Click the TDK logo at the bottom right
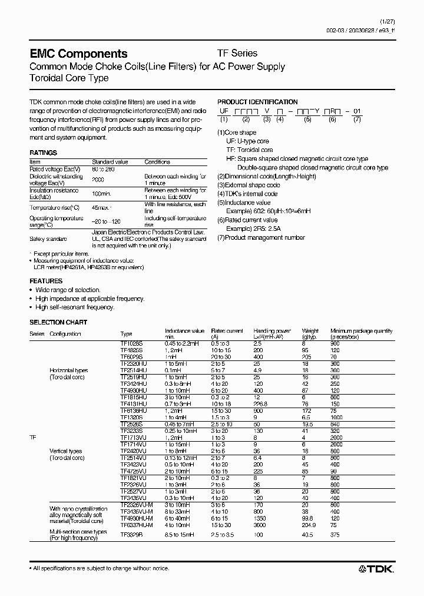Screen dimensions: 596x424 tap(377, 568)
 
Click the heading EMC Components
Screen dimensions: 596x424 tap(78, 54)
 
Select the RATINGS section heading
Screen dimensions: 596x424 tap(43, 153)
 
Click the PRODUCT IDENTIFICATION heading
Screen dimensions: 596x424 tap(257, 102)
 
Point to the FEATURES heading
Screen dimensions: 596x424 tap(45, 281)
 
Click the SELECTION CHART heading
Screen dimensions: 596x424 tap(58, 322)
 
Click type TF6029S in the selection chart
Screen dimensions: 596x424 tap(131, 357)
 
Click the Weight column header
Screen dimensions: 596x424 tap(310, 331)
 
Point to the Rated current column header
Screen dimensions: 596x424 tap(227, 331)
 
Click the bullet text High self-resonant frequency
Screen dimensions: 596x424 tap(74, 307)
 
